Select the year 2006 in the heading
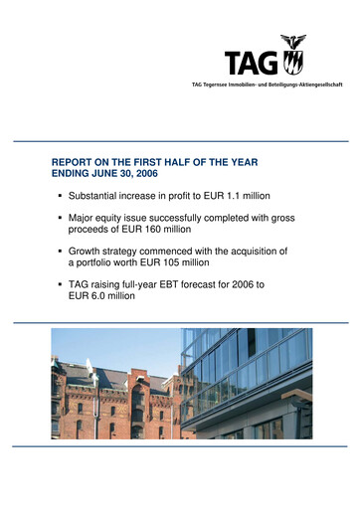click(x=166, y=168)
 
